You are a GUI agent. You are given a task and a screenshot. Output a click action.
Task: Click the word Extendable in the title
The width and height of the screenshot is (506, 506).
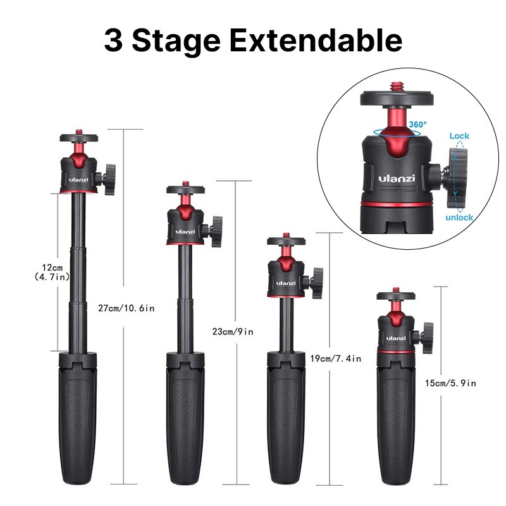click(316, 40)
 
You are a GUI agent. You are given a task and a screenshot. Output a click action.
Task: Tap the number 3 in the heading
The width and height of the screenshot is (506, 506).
click(113, 40)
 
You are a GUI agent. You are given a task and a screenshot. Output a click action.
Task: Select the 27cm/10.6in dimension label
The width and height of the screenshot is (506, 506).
click(126, 308)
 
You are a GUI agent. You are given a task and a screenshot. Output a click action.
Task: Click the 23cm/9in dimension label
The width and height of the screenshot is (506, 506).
click(233, 331)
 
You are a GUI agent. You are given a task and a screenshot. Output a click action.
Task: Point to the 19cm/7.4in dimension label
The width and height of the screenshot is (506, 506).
click(336, 359)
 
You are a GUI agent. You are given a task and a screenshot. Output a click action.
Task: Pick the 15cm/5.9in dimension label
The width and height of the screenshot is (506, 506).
click(450, 383)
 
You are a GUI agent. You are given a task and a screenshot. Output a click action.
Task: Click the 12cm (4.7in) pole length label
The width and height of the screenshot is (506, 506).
click(52, 272)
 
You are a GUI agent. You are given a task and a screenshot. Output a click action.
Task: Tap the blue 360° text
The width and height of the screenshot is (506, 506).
click(418, 124)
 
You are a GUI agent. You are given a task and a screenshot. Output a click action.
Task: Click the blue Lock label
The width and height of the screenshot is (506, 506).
click(459, 136)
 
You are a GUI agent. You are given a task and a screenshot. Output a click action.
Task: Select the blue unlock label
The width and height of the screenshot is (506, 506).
click(459, 217)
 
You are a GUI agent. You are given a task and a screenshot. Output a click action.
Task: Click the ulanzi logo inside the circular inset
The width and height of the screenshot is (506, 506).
click(397, 178)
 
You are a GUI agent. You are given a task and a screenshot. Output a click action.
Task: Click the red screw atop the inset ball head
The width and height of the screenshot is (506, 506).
click(396, 87)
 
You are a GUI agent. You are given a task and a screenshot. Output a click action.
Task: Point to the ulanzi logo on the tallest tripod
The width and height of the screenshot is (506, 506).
click(78, 180)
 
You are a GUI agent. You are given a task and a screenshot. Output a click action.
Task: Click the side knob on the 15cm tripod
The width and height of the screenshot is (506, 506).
click(426, 338)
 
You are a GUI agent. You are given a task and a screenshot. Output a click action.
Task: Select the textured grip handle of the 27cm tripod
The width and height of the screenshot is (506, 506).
click(78, 419)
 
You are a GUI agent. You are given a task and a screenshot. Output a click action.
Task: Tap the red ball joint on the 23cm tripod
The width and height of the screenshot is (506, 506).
click(185, 206)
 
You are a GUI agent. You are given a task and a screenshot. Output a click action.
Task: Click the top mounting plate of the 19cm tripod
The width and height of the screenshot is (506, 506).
click(287, 241)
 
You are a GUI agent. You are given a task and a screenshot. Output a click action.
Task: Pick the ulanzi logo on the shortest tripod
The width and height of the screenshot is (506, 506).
click(396, 338)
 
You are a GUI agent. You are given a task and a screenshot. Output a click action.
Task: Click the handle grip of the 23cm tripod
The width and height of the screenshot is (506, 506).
click(185, 419)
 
